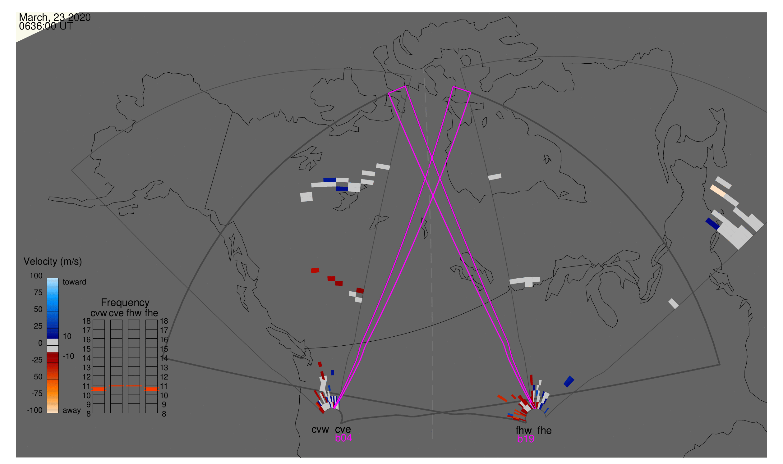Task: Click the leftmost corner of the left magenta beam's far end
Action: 388,93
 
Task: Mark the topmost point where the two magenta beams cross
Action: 432,159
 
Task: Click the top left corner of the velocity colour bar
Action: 47,278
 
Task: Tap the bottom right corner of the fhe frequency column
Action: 157,413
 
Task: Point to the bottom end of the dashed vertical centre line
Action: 432,439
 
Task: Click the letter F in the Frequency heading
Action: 103,303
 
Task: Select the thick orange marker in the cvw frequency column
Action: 99,389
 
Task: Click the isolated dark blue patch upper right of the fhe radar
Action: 569,381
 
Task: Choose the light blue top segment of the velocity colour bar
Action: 53,286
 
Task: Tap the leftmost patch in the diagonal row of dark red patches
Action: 315,271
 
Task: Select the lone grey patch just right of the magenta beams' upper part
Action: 495,177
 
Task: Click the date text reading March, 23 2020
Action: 55,17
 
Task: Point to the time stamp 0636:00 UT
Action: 46,26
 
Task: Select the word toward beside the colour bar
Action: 75,282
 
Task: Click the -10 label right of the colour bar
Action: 68,356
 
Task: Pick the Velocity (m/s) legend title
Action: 53,262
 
